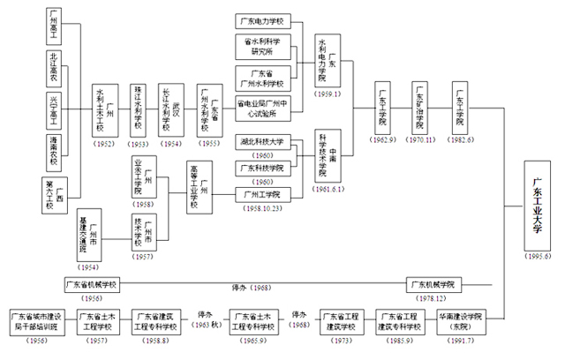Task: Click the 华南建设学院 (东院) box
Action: [460, 321]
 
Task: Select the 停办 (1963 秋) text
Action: [205, 319]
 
